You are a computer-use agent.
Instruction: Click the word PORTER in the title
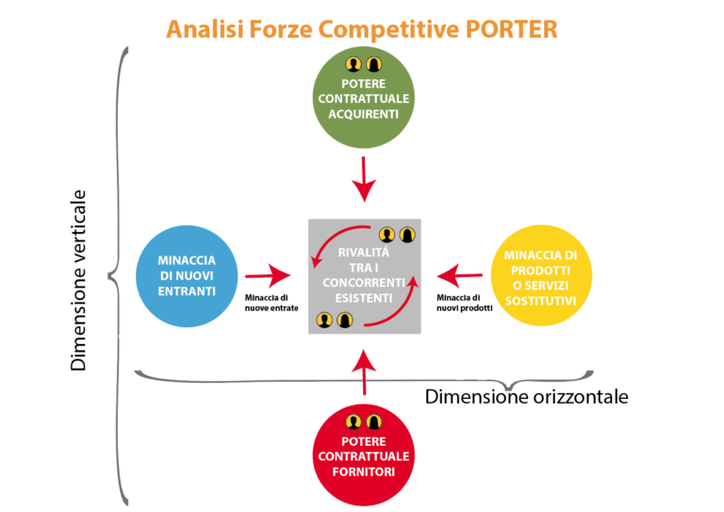(x=509, y=28)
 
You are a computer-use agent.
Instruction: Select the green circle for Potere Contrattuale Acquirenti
(x=363, y=98)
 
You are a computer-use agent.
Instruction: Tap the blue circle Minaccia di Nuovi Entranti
(x=186, y=274)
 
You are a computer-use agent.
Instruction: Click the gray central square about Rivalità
(x=364, y=274)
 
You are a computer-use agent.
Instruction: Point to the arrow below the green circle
(x=364, y=178)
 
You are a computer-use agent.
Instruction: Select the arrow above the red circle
(x=364, y=372)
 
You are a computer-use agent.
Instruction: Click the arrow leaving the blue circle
(x=270, y=275)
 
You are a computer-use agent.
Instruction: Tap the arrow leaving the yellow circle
(x=459, y=275)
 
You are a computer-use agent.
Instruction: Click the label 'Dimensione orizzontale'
(x=526, y=396)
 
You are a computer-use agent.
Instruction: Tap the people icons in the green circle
(x=363, y=64)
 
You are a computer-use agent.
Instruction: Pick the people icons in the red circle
(x=363, y=421)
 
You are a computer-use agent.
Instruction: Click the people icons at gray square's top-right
(x=396, y=235)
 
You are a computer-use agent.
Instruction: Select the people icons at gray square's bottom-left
(x=334, y=321)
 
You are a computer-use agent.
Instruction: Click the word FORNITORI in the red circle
(x=363, y=471)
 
